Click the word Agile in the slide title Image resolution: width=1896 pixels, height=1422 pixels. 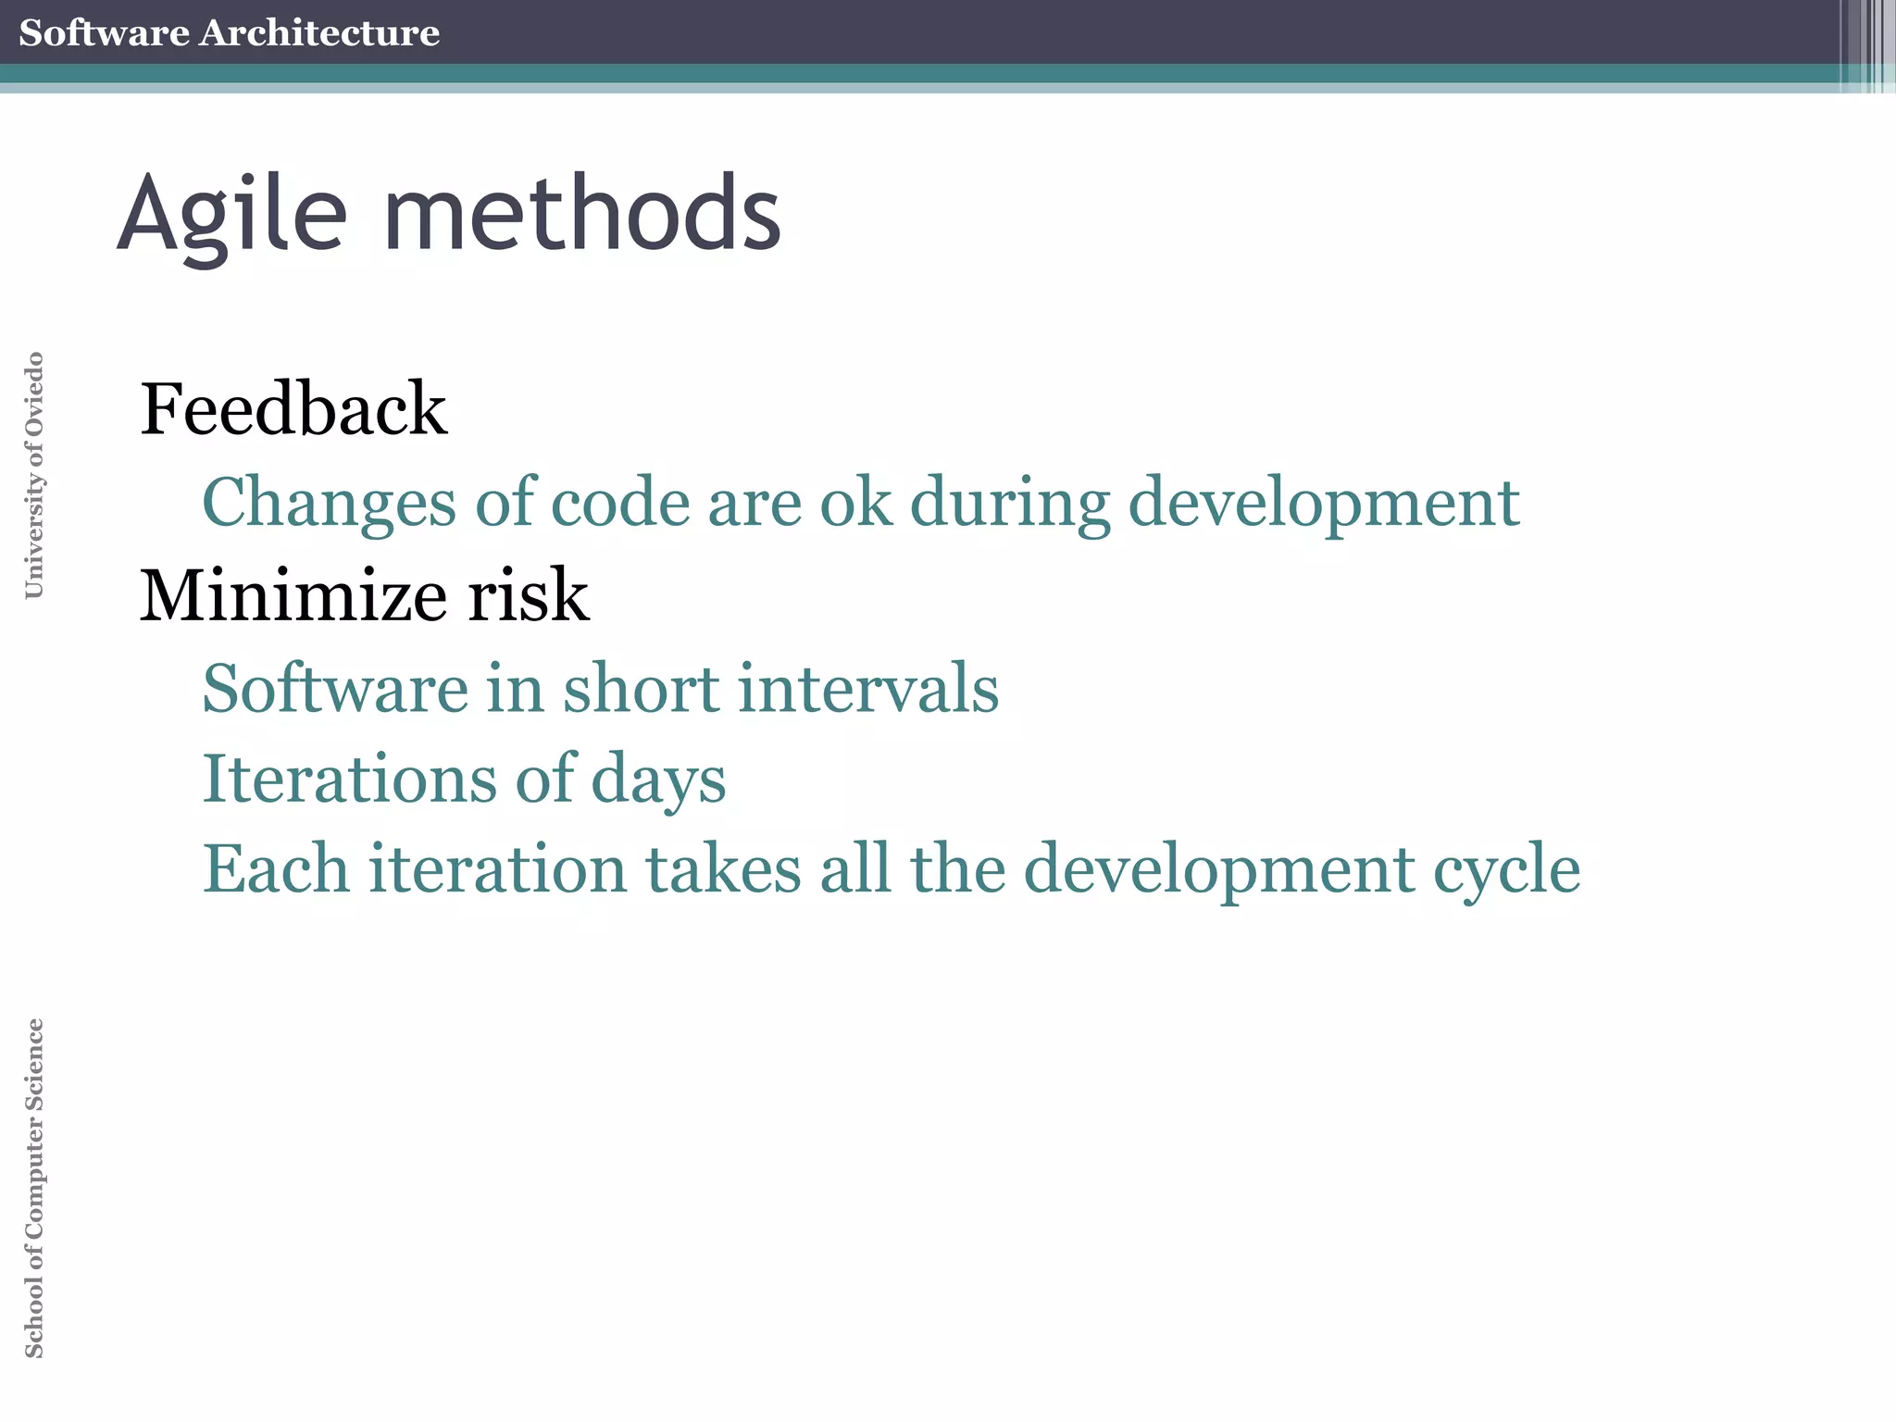[x=231, y=215]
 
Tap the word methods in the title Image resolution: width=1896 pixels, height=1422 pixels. [x=582, y=215]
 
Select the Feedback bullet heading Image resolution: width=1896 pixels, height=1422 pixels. [x=293, y=409]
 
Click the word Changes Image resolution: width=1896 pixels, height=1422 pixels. [x=329, y=503]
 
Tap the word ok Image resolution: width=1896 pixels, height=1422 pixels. [x=855, y=503]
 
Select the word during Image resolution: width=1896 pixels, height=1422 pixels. [x=1009, y=503]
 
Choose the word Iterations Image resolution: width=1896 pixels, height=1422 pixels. [x=349, y=779]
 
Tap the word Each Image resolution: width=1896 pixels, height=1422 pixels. [x=276, y=869]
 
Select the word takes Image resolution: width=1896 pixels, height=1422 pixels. [x=723, y=869]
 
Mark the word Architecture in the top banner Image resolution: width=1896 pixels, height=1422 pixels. [x=319, y=32]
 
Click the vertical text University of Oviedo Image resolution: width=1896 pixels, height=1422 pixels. [x=33, y=475]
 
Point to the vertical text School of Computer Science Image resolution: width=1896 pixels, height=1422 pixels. [x=33, y=1188]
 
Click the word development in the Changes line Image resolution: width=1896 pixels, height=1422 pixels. [x=1324, y=503]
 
